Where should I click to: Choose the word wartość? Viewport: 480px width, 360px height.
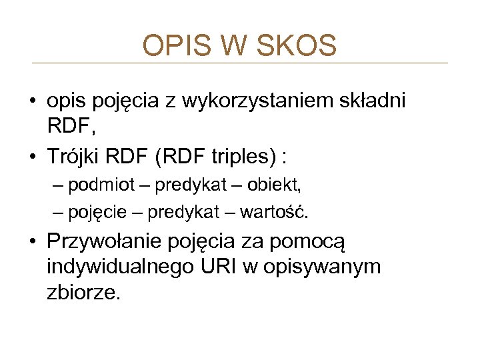coord(273,213)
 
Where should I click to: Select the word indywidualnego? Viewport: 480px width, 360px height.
coord(120,267)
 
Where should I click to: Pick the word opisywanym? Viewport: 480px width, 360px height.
coord(325,267)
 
